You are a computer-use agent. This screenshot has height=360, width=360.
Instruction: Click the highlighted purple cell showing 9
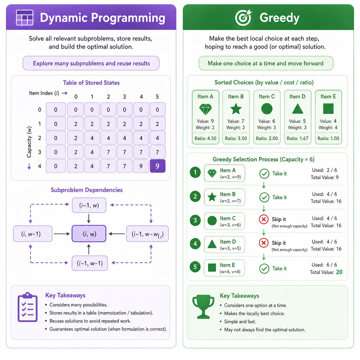coord(157,166)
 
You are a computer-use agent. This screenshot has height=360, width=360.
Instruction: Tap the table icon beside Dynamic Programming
coord(25,18)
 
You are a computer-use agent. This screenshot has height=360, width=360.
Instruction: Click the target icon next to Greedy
coord(243,18)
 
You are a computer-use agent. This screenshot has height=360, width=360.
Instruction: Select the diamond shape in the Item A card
coord(205,109)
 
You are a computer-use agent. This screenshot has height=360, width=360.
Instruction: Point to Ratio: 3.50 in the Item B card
coord(236,139)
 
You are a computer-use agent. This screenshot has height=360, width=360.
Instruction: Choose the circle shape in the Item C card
coord(267,109)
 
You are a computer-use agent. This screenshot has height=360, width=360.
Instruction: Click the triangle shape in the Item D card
coord(297,109)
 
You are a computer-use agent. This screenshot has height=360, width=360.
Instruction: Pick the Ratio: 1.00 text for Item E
coord(328,139)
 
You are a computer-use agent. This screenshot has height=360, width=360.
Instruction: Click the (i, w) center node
coord(89,234)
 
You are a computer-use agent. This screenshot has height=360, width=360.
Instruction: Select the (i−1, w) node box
coord(89,205)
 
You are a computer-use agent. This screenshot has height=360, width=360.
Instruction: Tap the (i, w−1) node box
coord(33,234)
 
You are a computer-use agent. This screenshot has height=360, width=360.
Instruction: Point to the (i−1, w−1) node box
coord(90,263)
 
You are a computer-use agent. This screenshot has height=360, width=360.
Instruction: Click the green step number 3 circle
coord(195,220)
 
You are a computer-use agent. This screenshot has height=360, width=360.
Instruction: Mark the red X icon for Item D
coord(264,243)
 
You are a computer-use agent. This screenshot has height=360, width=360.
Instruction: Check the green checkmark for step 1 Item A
coord(264,174)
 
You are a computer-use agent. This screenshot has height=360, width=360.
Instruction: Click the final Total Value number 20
coord(339,272)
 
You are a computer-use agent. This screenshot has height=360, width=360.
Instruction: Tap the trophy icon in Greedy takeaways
coord(203,307)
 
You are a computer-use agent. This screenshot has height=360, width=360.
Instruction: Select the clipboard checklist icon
coord(27,307)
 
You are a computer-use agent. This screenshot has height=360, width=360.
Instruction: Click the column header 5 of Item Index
coord(157,97)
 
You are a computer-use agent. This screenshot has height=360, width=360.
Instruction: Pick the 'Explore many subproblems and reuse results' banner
coord(91,63)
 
